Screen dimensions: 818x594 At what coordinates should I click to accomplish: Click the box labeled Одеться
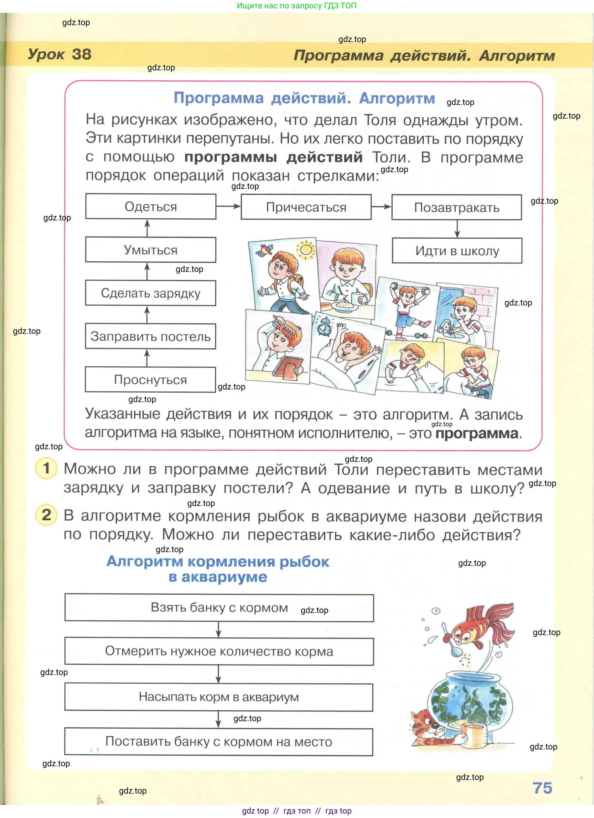point(150,207)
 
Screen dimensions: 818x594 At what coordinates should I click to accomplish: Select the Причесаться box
point(306,207)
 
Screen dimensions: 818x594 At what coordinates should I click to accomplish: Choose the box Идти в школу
point(457,251)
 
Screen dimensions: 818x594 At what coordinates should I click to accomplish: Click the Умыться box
point(150,250)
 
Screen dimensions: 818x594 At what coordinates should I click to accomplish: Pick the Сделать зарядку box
point(150,293)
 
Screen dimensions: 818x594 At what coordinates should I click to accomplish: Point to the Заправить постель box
point(150,336)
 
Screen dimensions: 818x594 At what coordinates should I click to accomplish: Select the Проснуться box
point(150,380)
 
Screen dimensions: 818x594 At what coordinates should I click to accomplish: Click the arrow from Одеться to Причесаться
point(228,206)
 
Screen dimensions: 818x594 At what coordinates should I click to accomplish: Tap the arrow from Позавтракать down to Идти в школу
point(457,229)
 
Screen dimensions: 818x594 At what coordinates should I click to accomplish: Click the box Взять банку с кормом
point(219,608)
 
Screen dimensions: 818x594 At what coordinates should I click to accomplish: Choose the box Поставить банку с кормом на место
point(219,742)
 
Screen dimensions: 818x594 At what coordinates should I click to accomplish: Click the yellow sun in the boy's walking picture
point(306,250)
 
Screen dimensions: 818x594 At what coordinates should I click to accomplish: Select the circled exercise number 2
point(46,515)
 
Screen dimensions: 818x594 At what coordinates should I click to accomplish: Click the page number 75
point(542,788)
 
